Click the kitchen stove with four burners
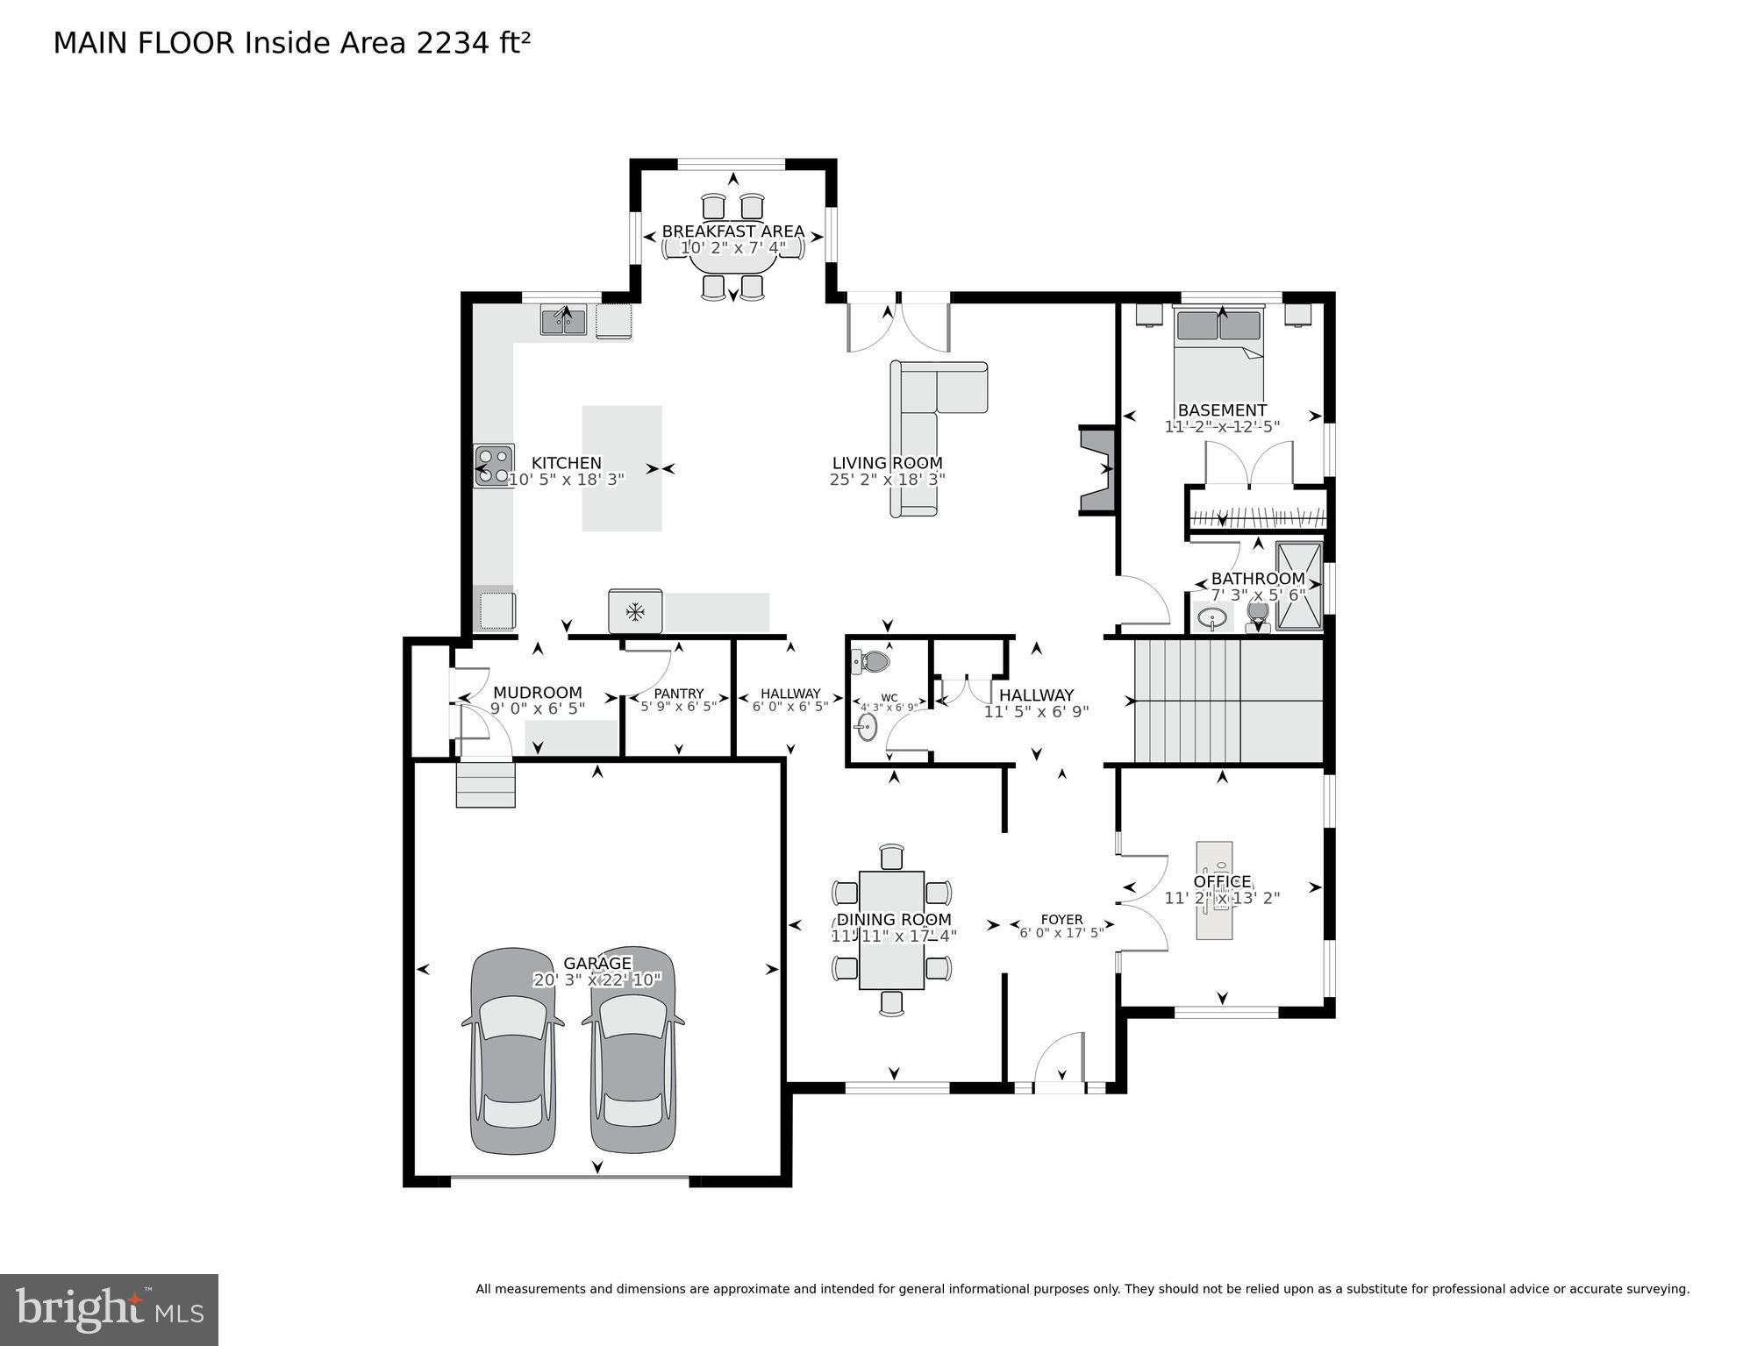click(x=494, y=466)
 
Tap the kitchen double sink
click(x=563, y=320)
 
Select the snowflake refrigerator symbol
click(x=635, y=611)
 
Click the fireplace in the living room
click(x=1097, y=470)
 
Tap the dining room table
click(x=891, y=929)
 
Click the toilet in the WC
click(x=872, y=660)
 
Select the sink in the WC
click(x=867, y=726)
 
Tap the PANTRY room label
click(x=678, y=693)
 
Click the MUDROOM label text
click(x=537, y=692)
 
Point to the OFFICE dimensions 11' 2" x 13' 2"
click(x=1222, y=898)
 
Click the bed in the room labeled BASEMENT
click(x=1218, y=360)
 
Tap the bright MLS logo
click(x=109, y=1309)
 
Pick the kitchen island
click(x=622, y=467)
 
